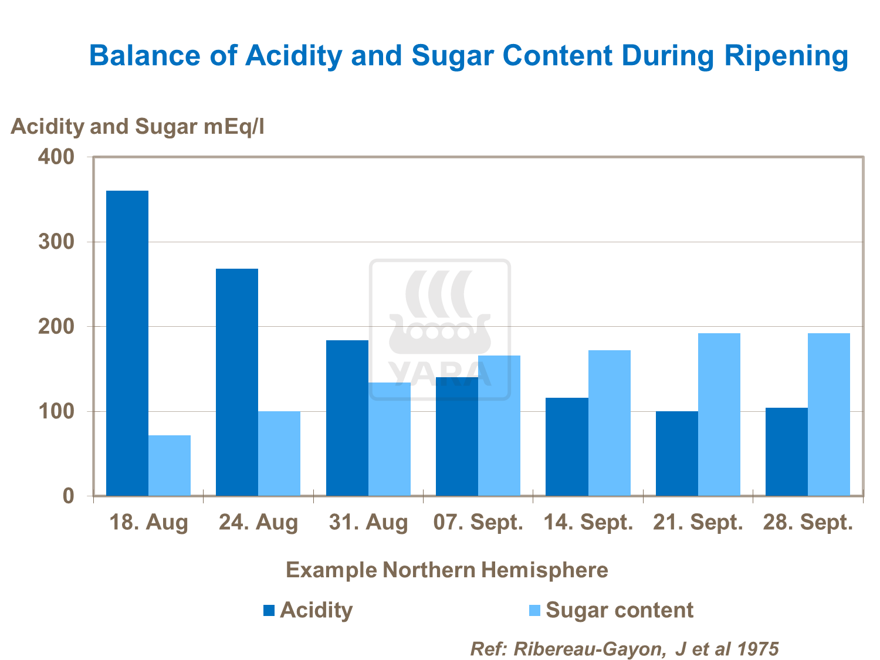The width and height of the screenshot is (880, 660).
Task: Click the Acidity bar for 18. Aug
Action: (127, 343)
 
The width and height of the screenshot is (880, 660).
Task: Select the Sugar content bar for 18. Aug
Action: (170, 465)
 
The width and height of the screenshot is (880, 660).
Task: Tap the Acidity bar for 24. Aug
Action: (237, 382)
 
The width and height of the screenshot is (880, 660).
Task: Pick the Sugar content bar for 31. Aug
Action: (390, 439)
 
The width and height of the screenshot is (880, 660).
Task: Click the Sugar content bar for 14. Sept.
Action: (610, 422)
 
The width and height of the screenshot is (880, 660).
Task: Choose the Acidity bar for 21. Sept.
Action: (677, 453)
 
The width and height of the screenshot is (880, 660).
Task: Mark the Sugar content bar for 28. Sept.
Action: (829, 414)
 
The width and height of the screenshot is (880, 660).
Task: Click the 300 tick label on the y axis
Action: (56, 242)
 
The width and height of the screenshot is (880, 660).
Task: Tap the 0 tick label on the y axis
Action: (68, 496)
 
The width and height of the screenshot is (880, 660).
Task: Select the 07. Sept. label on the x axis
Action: (478, 522)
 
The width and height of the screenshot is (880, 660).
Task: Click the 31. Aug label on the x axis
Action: (368, 522)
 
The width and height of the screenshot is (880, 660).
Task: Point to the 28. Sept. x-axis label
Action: (808, 522)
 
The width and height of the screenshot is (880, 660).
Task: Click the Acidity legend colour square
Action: (269, 610)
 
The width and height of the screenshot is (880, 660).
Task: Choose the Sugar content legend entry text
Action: (620, 610)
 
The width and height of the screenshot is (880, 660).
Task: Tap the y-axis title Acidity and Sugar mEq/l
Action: (137, 126)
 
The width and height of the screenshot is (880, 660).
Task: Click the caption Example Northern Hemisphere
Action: (446, 570)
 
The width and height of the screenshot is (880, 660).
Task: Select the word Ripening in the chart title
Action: (786, 56)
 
